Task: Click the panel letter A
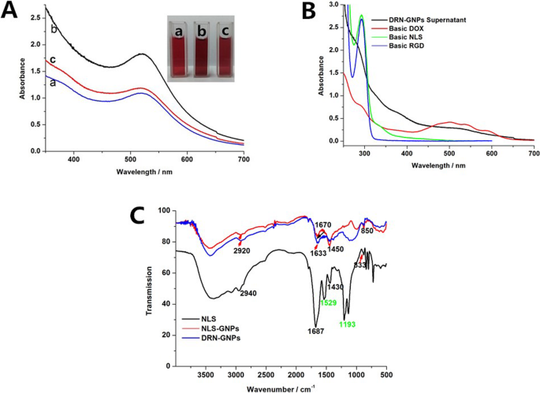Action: click(13, 13)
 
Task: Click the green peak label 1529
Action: click(330, 302)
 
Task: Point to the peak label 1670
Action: click(323, 224)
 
